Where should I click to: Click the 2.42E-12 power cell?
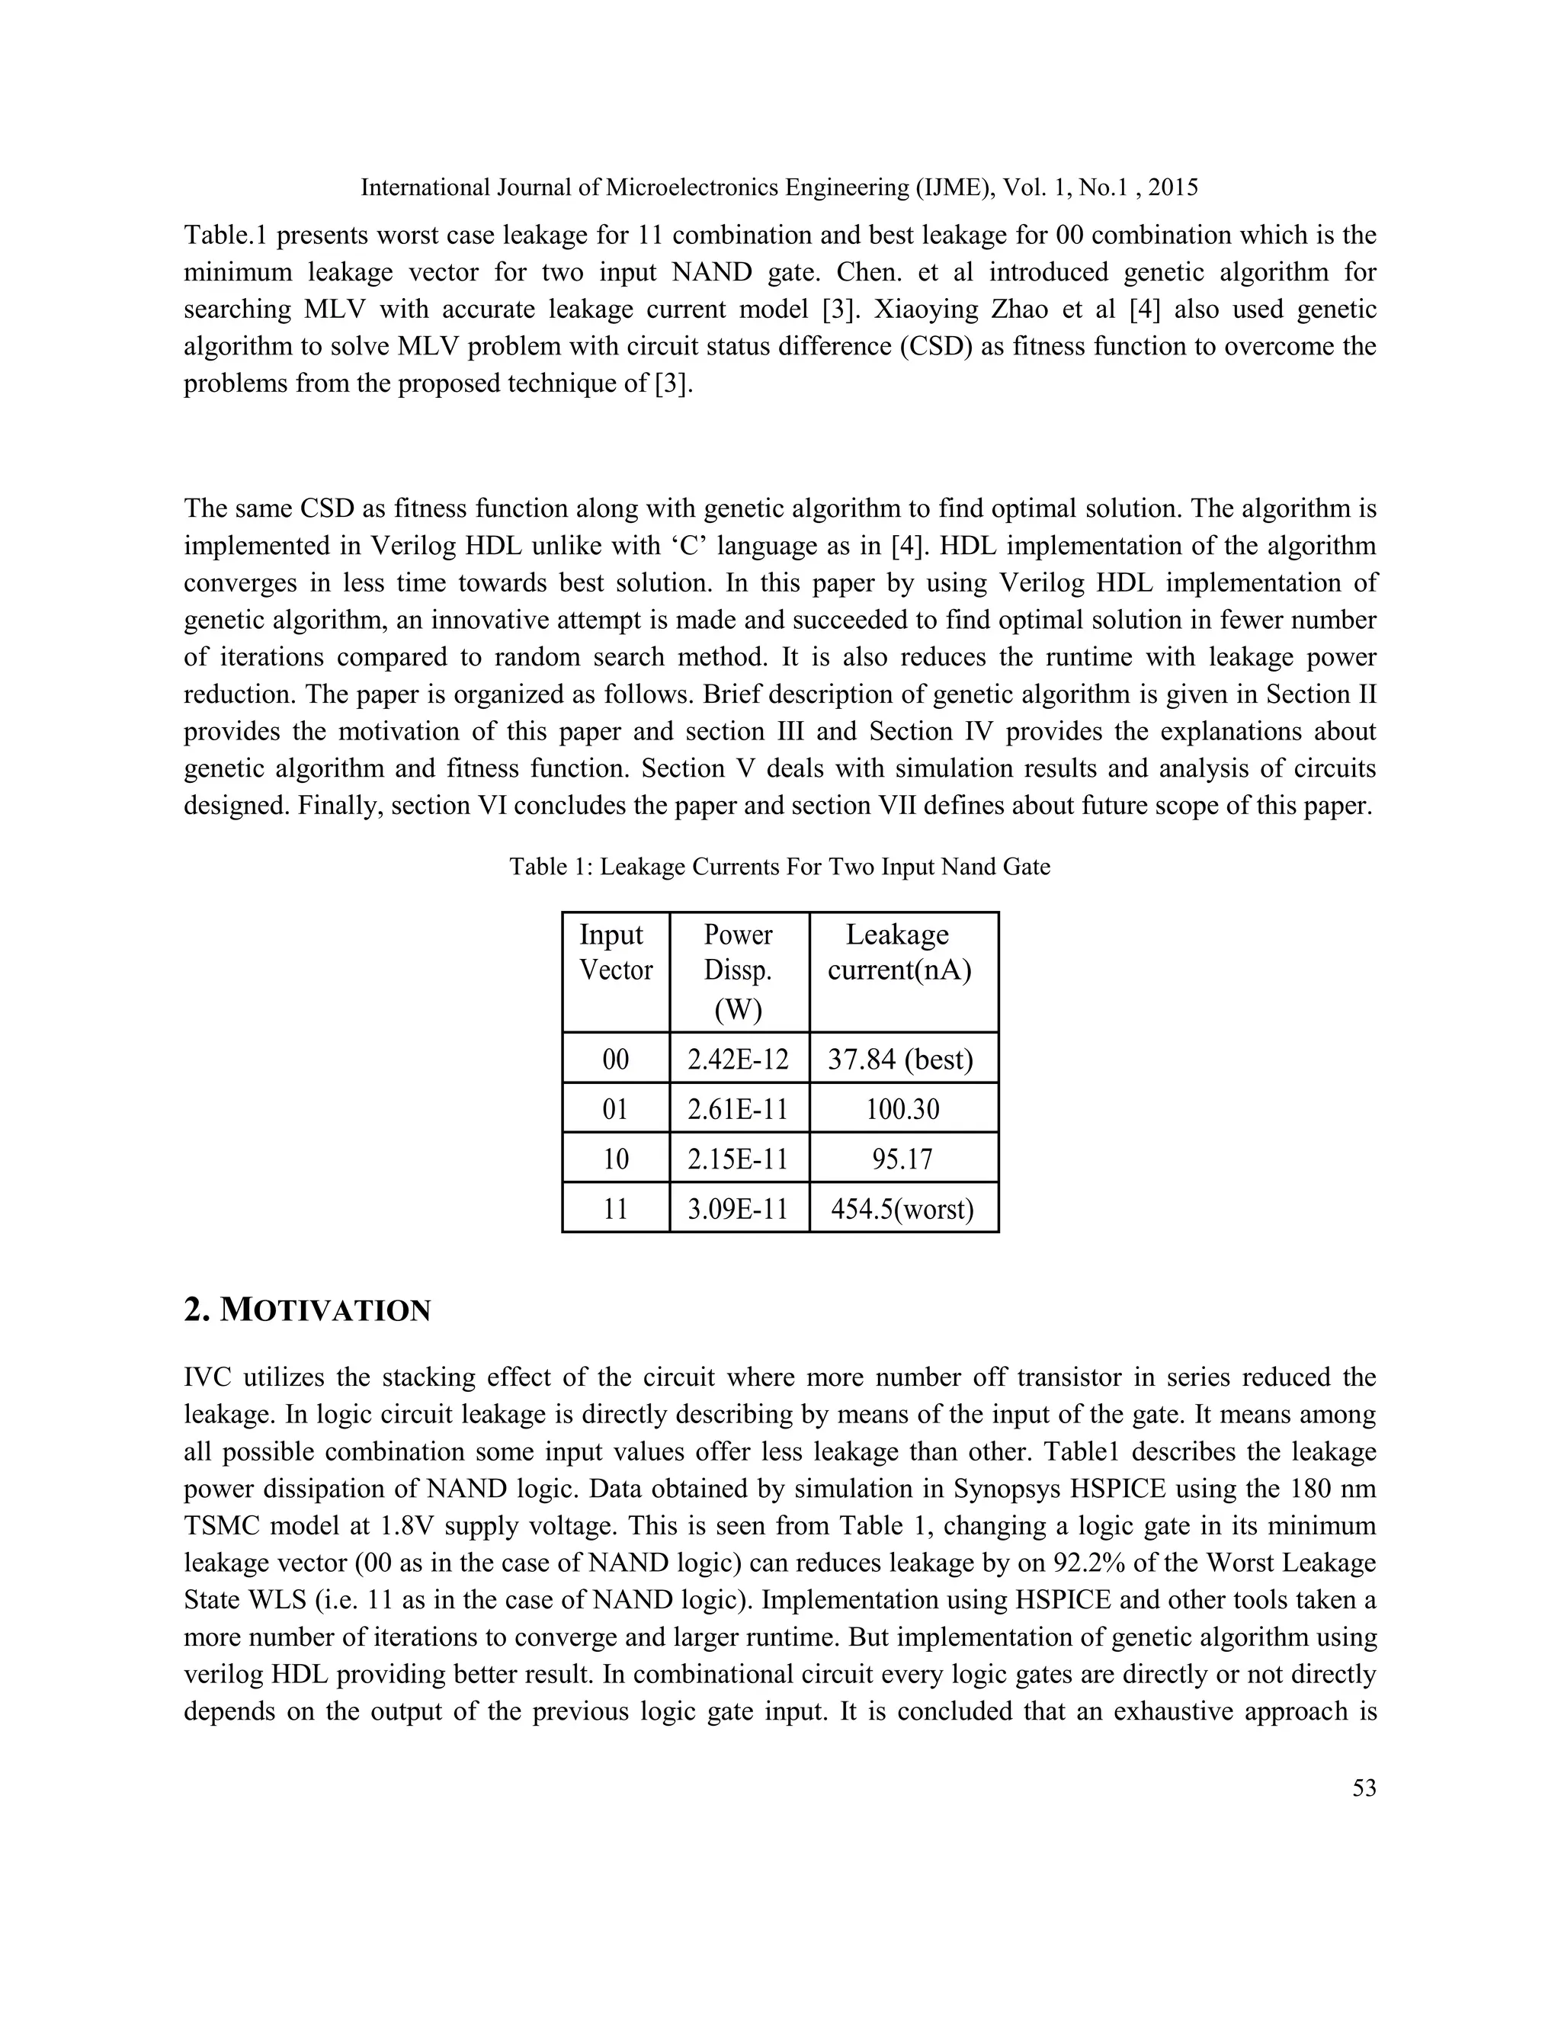738,1059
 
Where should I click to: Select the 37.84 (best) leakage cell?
902,1059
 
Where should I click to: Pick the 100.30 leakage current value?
902,1109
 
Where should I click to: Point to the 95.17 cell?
902,1159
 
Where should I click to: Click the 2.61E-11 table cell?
738,1109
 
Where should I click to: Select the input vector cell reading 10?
616,1159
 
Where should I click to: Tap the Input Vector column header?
616,953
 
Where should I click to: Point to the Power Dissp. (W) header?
738,971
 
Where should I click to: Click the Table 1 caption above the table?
780,867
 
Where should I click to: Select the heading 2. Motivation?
307,1310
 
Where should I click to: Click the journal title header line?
779,188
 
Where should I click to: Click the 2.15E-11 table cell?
738,1159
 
